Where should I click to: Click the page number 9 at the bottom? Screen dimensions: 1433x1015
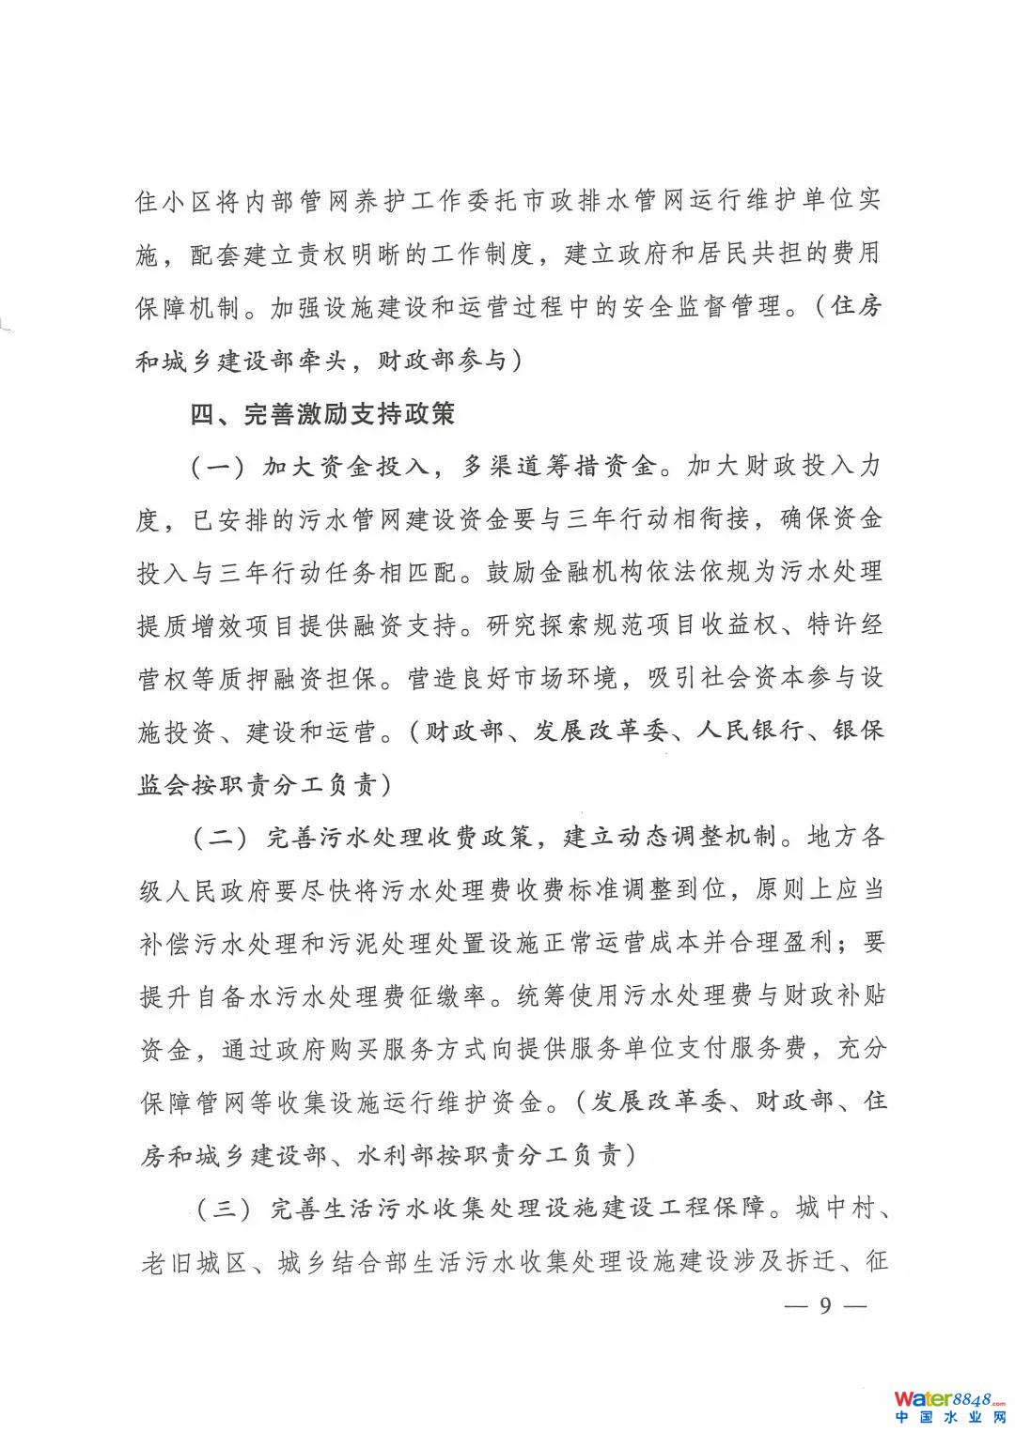(x=825, y=1305)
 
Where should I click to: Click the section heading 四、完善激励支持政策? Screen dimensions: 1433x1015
(x=322, y=414)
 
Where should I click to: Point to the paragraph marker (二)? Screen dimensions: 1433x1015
(x=221, y=837)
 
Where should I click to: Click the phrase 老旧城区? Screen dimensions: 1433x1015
(x=194, y=1262)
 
